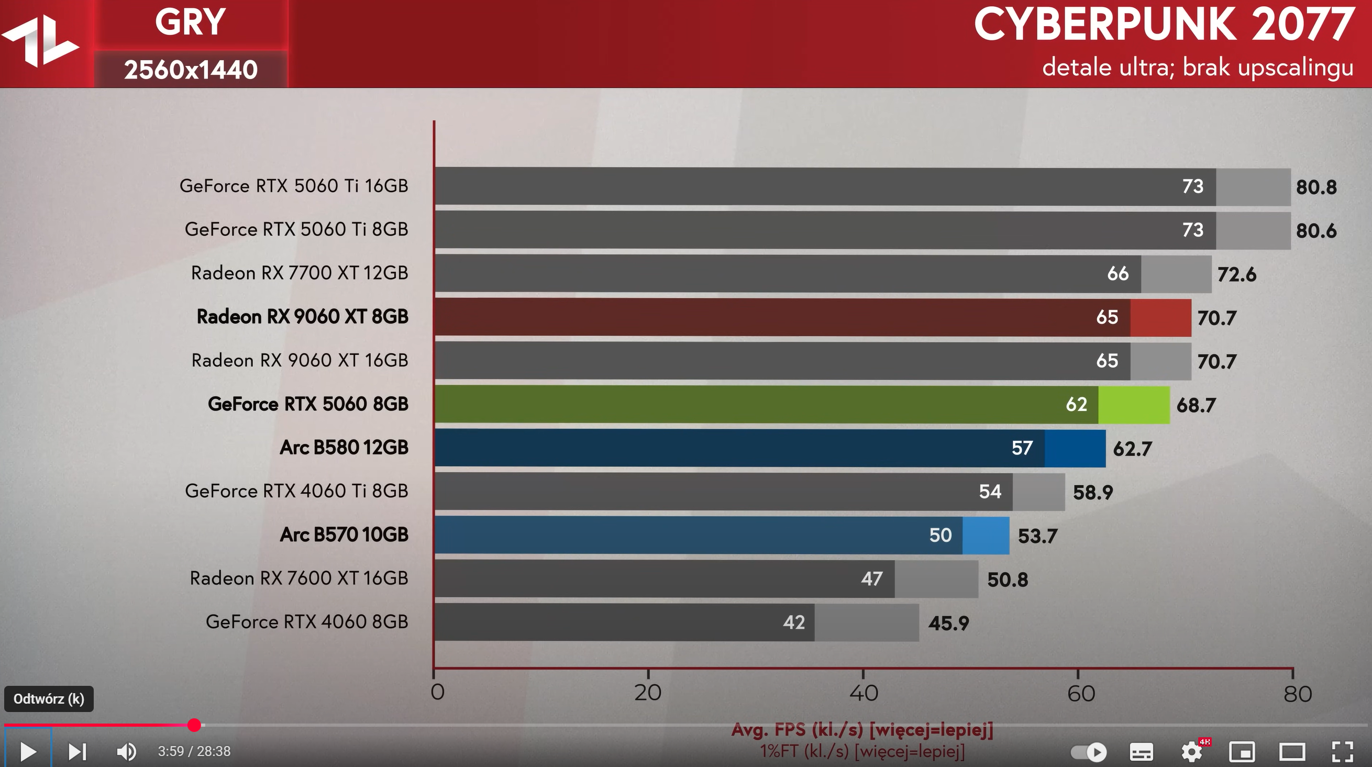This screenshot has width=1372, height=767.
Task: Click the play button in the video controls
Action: click(x=28, y=751)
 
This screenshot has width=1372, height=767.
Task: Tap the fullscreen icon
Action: click(x=1343, y=751)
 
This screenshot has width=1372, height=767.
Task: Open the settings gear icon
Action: click(x=1191, y=751)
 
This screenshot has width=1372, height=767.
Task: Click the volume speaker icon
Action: click(x=126, y=751)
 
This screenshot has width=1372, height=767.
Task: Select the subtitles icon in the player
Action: click(x=1142, y=751)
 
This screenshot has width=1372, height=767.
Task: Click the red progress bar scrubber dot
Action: click(x=194, y=725)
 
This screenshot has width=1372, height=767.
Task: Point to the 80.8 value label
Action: click(x=1316, y=187)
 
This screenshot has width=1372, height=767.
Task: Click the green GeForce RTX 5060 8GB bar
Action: click(x=767, y=404)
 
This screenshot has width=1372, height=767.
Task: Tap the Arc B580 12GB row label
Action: click(x=344, y=448)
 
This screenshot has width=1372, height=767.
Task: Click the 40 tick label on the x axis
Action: click(x=864, y=693)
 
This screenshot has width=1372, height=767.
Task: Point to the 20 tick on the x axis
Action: click(x=648, y=693)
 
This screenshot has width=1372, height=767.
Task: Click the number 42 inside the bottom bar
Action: click(x=793, y=622)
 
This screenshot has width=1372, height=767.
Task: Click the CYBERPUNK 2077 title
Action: click(x=1163, y=26)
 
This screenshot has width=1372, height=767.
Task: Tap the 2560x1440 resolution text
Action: click(x=191, y=70)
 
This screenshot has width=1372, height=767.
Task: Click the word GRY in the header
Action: click(x=190, y=23)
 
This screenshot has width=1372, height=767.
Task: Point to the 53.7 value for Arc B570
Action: click(x=1037, y=536)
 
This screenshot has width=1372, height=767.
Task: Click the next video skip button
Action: click(x=77, y=751)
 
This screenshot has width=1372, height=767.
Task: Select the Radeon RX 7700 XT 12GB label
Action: click(x=300, y=273)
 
